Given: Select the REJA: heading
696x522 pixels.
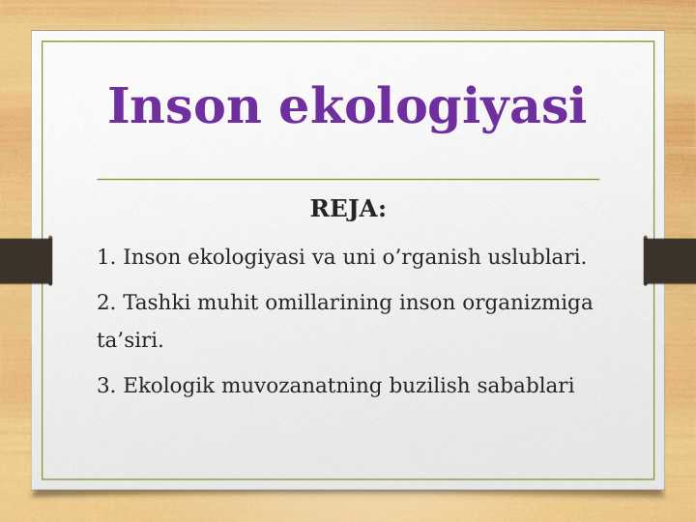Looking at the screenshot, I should point(348,209).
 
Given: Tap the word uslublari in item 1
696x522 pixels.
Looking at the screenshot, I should point(536,258).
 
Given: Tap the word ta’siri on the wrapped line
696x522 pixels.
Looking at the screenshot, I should point(130,340).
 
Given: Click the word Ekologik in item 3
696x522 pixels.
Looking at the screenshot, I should point(169,387).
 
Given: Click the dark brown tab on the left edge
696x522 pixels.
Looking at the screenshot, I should point(25,261).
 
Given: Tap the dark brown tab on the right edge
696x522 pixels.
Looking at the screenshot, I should point(670,261).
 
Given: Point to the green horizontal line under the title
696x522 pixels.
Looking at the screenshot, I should point(348,179).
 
